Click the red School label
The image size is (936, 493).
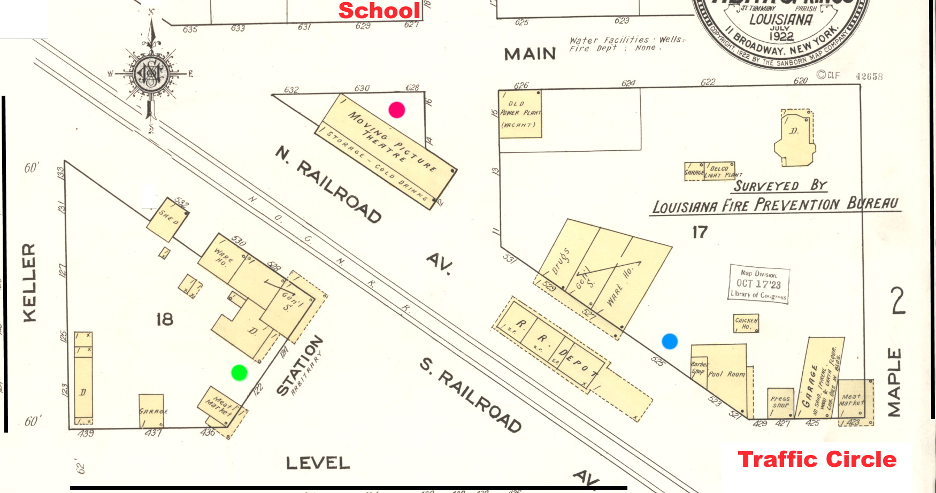(379, 10)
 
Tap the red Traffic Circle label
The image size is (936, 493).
(817, 459)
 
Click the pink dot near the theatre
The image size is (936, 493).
(396, 110)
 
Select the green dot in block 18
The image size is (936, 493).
(239, 373)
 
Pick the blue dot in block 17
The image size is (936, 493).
(670, 341)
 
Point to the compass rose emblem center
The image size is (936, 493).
(151, 74)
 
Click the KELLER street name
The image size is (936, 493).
(29, 282)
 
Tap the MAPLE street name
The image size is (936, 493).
(894, 382)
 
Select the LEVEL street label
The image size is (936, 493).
(318, 463)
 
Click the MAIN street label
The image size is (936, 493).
(530, 54)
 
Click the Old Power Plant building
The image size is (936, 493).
(520, 114)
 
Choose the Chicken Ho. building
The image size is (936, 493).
(746, 323)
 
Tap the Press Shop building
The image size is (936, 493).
(780, 402)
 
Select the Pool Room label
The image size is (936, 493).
(726, 374)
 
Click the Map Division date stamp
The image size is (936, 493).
(759, 283)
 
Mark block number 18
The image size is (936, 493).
(165, 319)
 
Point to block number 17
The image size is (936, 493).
(700, 232)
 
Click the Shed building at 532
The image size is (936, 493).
(168, 219)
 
